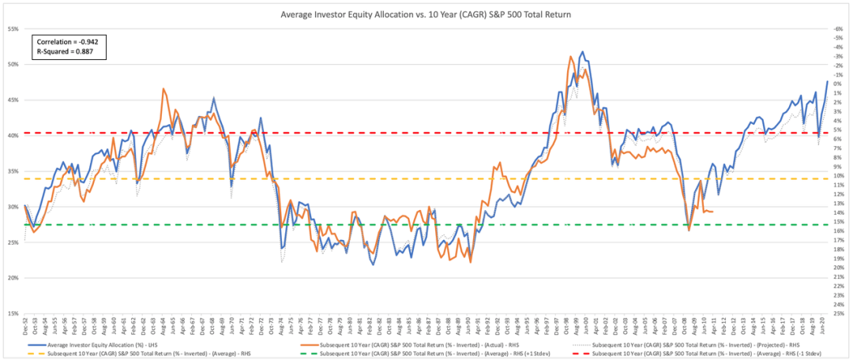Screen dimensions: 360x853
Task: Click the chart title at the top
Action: click(x=426, y=14)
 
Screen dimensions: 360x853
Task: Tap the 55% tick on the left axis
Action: click(x=14, y=28)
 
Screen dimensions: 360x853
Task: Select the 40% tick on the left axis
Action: click(x=14, y=136)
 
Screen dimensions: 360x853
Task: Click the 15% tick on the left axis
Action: click(x=14, y=313)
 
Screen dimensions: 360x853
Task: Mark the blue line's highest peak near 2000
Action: click(x=582, y=52)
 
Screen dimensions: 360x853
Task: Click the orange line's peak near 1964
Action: click(x=163, y=89)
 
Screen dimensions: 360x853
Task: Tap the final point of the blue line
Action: click(x=827, y=81)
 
